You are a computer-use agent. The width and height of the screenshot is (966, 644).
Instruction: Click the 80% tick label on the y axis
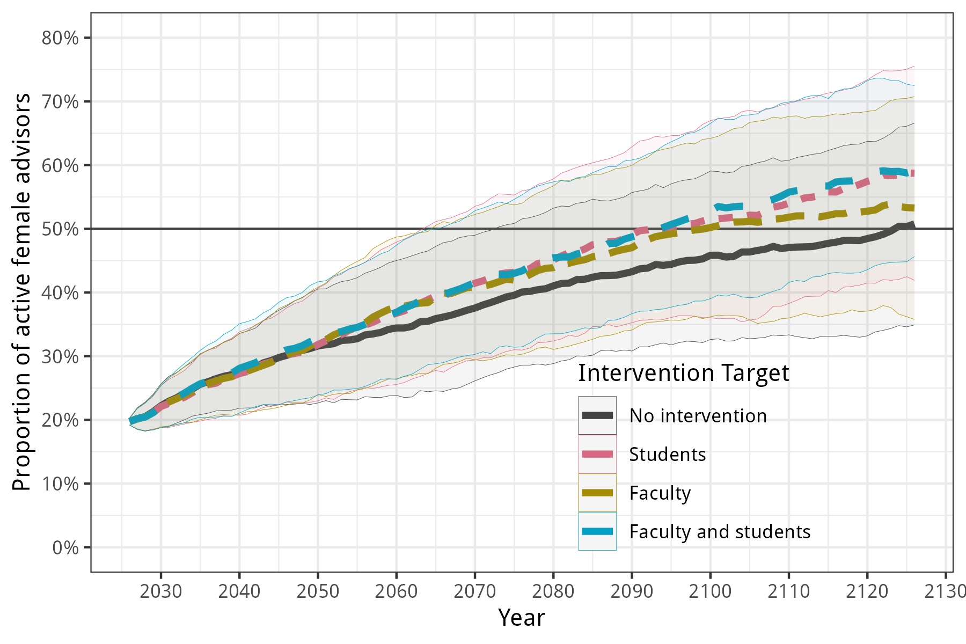[x=60, y=38]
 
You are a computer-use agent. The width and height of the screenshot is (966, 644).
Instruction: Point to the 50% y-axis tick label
[x=60, y=229]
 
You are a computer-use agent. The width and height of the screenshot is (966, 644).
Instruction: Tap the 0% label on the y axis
[x=65, y=547]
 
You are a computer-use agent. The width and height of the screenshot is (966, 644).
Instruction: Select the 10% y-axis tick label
[x=60, y=484]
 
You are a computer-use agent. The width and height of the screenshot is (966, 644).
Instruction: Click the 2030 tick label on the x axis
[x=161, y=591]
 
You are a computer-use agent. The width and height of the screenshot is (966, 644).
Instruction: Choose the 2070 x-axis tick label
[x=475, y=591]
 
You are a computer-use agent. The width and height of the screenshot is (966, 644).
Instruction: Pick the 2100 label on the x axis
[x=711, y=591]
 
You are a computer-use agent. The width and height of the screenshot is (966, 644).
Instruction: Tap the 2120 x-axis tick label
[x=867, y=591]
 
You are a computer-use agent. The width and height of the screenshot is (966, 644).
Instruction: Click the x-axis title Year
[x=522, y=618]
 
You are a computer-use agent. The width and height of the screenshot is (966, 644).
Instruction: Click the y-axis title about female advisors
[x=22, y=292]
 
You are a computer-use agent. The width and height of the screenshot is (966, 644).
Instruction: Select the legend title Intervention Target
[x=684, y=373]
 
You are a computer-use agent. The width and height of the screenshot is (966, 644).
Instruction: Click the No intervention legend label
[x=698, y=416]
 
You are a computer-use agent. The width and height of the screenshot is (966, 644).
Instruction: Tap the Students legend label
[x=668, y=455]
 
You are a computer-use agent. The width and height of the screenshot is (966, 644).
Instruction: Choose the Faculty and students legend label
[x=720, y=532]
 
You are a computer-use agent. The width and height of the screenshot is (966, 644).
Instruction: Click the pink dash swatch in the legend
[x=597, y=454]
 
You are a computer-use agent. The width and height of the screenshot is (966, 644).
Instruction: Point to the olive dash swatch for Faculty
[x=597, y=493]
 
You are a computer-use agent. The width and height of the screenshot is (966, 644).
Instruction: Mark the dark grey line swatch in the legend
[x=597, y=415]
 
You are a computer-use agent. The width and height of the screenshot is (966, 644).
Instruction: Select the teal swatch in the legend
[x=597, y=531]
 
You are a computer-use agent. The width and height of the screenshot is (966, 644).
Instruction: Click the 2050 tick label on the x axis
[x=318, y=591]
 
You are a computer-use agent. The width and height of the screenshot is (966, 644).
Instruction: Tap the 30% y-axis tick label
[x=60, y=356]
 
